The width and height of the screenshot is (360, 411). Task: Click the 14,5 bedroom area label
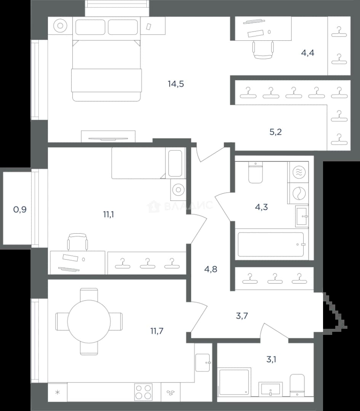coord(176,84)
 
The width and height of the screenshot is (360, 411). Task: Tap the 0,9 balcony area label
coord(20,209)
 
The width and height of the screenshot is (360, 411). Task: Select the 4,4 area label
coord(307,53)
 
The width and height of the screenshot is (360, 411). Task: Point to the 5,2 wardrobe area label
coord(275,132)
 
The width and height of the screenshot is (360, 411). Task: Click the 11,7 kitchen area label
coord(157,331)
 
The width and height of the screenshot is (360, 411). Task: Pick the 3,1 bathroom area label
coord(271,359)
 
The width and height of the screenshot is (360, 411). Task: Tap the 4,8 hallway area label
coord(211,269)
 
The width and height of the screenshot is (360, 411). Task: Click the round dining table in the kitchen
coord(89,321)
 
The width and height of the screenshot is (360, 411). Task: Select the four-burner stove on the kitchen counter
coord(143,392)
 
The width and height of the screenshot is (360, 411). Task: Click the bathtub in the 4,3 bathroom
coord(271,245)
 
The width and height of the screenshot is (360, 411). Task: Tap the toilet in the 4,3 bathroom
coord(255,172)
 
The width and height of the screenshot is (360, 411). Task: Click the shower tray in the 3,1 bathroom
coord(234,382)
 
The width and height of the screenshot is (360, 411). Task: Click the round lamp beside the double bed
coord(60,25)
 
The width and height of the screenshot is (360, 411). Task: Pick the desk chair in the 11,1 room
coord(77,242)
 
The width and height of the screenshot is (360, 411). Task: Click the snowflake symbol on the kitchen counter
coord(58,392)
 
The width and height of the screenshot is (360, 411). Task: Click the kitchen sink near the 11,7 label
coord(203,363)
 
